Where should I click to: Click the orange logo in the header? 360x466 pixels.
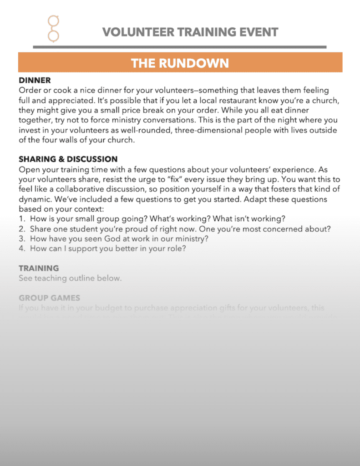coord(54,28)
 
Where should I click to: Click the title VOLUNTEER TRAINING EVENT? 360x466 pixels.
coord(190,32)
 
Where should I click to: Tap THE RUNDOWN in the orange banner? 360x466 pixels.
coord(180,63)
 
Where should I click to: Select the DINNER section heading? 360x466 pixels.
coord(35,81)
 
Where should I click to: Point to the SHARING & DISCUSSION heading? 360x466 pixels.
coord(68,159)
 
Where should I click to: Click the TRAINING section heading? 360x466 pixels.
coord(39,268)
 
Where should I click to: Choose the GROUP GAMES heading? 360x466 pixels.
coord(49,298)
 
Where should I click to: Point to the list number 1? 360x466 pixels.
coord(22,219)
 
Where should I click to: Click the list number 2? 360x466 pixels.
coord(22,229)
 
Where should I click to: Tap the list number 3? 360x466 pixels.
coord(22,239)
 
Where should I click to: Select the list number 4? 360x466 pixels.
coord(22,249)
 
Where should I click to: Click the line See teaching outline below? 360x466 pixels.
coord(70,278)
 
